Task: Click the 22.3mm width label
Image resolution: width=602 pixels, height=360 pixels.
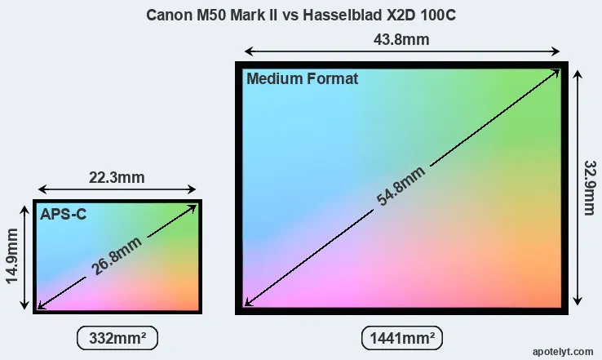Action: (116, 177)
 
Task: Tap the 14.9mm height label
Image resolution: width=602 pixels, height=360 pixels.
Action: (13, 256)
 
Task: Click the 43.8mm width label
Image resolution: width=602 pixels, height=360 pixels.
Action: (401, 40)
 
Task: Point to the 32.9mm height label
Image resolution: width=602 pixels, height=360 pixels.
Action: (588, 187)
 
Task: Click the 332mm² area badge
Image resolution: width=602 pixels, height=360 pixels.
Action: (117, 337)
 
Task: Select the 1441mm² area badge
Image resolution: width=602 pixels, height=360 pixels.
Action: (401, 337)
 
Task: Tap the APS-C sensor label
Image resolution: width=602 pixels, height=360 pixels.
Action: (63, 214)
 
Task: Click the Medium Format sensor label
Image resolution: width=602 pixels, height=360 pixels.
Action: (302, 79)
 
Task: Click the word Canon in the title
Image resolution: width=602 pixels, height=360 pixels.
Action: (167, 16)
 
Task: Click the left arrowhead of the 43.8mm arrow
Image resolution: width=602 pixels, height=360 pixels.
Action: (247, 51)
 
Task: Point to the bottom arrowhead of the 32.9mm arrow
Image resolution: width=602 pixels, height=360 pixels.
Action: (578, 300)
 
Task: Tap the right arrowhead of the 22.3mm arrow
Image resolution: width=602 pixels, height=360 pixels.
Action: (193, 188)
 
